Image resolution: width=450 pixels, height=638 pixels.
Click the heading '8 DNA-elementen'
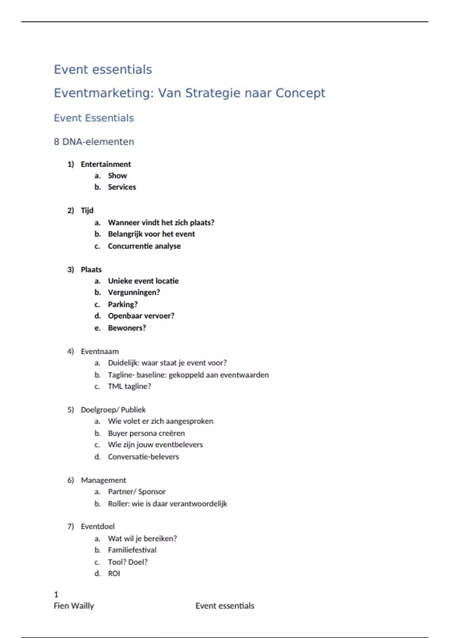tap(94, 142)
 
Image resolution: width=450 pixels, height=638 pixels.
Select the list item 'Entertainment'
tap(106, 164)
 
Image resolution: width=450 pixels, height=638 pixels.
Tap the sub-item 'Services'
tap(122, 187)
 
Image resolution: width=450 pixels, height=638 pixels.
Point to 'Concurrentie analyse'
tap(144, 246)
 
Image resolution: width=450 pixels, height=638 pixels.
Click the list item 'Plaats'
tap(91, 269)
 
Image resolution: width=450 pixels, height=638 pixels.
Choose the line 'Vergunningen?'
tap(134, 292)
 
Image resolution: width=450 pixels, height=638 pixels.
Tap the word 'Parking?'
tap(123, 304)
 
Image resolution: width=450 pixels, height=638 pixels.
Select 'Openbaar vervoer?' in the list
tap(141, 316)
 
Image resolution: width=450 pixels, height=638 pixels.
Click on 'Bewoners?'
tap(127, 328)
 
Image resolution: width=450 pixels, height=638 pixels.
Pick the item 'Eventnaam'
tap(100, 352)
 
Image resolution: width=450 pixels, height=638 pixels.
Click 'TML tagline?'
tap(129, 386)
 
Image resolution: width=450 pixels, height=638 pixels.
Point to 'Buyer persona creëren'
tap(146, 433)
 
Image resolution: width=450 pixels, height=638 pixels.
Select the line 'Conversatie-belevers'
tap(143, 457)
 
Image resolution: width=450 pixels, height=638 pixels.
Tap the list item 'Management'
tap(103, 480)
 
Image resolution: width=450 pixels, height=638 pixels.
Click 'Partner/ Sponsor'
tap(136, 492)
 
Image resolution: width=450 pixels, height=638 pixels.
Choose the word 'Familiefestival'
tap(132, 550)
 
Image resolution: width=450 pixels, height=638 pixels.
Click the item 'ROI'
tap(114, 573)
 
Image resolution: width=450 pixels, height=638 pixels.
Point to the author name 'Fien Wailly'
tap(74, 606)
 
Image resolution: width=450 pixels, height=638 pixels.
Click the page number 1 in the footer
tap(56, 594)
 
